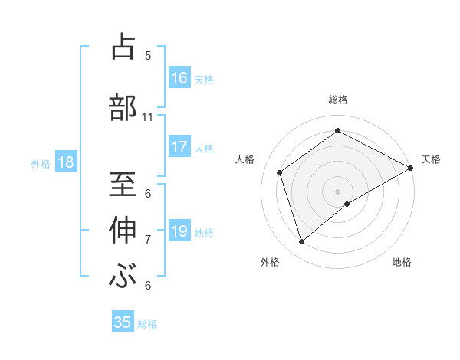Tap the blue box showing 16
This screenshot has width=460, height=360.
point(179,78)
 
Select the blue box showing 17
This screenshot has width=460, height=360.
point(179,147)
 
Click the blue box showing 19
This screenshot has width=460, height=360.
point(179,231)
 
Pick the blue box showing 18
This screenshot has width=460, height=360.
point(65,162)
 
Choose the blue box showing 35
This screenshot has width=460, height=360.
point(123,322)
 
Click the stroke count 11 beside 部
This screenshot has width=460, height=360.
point(148,117)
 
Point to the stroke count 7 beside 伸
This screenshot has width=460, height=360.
point(148,240)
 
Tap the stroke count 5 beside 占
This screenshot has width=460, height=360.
point(148,56)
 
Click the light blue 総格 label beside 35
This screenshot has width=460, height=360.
point(147,324)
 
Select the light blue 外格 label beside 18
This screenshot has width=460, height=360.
point(41,163)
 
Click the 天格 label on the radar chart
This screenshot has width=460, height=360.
point(431,159)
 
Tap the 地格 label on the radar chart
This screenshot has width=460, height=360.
point(402,263)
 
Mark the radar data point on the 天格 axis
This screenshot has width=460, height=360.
point(411,168)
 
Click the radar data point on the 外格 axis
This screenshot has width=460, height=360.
point(302,242)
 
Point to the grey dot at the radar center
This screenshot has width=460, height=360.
point(337,191)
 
